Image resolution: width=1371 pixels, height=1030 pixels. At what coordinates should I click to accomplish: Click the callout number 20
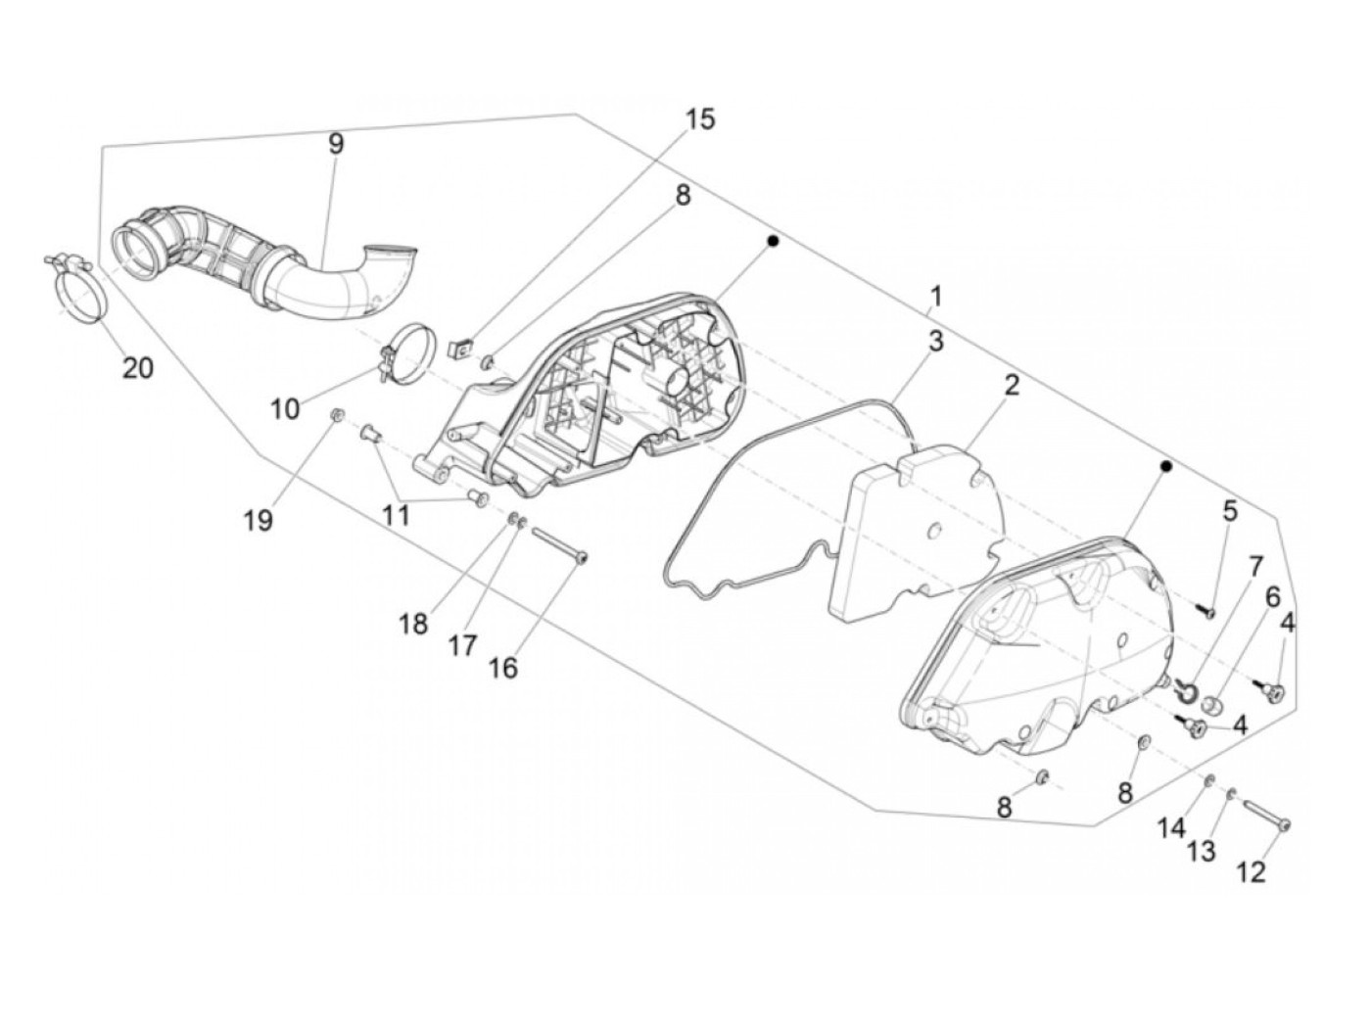pyautogui.click(x=138, y=368)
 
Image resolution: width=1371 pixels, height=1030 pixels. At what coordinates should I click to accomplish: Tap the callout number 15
pyautogui.click(x=699, y=119)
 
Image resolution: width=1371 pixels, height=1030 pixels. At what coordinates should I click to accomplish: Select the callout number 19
pyautogui.click(x=259, y=520)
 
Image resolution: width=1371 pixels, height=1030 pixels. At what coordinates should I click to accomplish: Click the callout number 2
pyautogui.click(x=1011, y=385)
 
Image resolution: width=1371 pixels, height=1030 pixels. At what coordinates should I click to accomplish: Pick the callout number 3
pyautogui.click(x=936, y=342)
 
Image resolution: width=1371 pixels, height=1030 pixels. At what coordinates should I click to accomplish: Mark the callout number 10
pyautogui.click(x=285, y=407)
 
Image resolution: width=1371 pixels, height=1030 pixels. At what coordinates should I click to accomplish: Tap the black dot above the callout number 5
pyautogui.click(x=1165, y=467)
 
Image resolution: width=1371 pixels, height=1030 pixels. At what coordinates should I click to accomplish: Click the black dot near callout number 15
pyautogui.click(x=772, y=240)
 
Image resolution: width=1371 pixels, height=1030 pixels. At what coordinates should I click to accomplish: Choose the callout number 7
pyautogui.click(x=1254, y=567)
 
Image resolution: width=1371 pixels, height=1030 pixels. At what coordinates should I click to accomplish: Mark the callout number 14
pyautogui.click(x=1172, y=828)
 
